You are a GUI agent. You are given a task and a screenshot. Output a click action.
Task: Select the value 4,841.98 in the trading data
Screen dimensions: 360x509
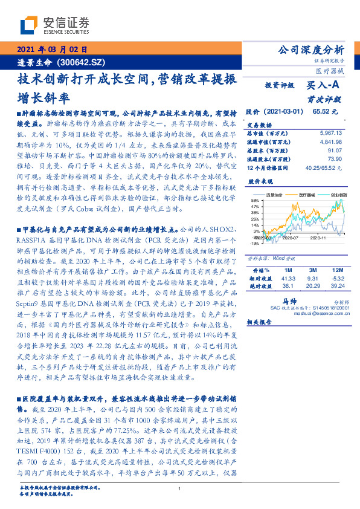click(x=330, y=141)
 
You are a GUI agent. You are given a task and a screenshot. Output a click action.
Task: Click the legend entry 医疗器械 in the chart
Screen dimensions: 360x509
click(x=308, y=195)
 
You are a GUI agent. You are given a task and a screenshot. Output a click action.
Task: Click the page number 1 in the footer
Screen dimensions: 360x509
click(x=180, y=489)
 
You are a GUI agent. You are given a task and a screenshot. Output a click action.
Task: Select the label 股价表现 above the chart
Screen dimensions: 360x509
click(x=260, y=181)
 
